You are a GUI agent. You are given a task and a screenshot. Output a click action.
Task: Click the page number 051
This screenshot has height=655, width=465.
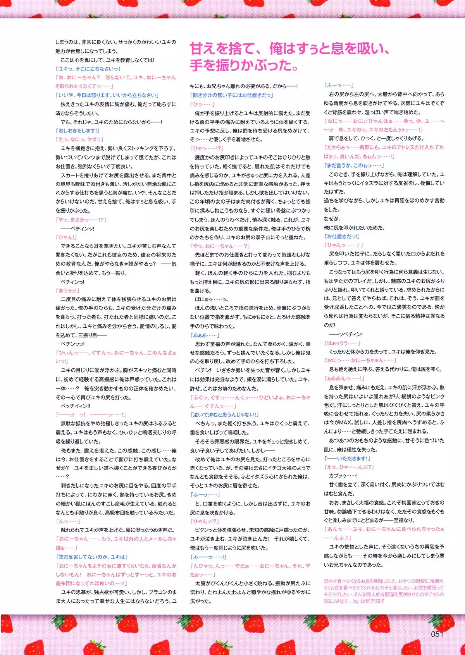[x=437, y=634]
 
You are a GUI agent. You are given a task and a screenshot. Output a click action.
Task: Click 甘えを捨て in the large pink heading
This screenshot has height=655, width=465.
[x=222, y=49]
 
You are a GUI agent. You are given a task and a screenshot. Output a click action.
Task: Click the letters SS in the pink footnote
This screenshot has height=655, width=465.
[x=327, y=602]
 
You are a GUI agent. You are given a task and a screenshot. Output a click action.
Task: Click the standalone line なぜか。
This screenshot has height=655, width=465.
[x=332, y=219]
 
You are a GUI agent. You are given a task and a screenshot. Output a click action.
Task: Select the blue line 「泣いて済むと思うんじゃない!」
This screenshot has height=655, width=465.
[x=224, y=414]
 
